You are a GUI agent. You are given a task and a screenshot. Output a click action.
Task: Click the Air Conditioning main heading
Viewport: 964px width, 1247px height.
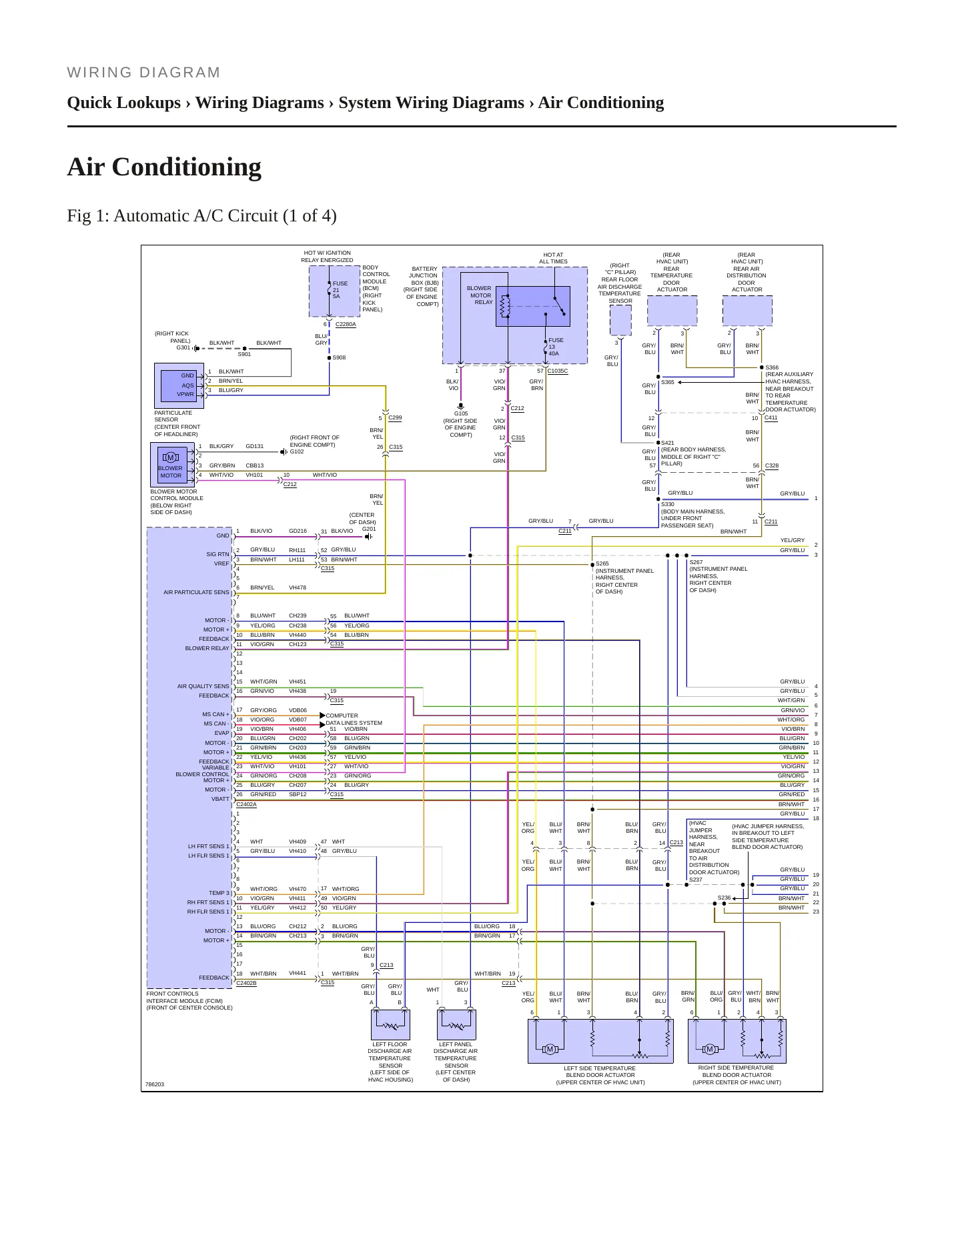[x=164, y=167]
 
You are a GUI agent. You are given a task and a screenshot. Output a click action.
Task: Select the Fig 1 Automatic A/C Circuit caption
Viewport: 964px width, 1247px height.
[x=201, y=216]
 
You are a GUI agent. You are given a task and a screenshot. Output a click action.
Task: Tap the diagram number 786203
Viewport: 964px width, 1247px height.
[x=155, y=1084]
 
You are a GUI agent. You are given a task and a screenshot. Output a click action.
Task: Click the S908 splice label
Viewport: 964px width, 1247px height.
[x=339, y=357]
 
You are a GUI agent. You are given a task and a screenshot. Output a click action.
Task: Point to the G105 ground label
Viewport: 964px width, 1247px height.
[x=461, y=413]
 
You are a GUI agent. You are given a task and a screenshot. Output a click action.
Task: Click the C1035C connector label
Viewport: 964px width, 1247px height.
[x=557, y=371]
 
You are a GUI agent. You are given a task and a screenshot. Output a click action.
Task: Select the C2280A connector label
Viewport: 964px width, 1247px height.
[x=346, y=324]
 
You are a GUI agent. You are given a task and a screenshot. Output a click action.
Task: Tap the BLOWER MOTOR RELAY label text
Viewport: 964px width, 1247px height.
[x=480, y=295]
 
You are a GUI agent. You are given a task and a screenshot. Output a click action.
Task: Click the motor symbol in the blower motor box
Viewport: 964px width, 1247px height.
[x=170, y=457]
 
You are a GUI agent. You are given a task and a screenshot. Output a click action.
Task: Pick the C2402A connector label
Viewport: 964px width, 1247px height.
[x=246, y=804]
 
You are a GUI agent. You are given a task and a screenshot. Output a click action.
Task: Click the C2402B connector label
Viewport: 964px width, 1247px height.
[x=246, y=983]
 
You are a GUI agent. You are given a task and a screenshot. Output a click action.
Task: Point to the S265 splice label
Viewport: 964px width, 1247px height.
[x=602, y=563]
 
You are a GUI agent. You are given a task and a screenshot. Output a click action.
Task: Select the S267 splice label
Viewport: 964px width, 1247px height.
[x=696, y=562]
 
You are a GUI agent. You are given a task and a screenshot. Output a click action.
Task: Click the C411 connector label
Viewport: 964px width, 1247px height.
[x=771, y=417]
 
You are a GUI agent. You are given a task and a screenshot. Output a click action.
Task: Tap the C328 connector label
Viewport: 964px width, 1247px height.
[x=772, y=465]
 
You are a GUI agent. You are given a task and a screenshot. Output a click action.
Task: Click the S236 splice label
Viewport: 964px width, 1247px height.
[x=724, y=898]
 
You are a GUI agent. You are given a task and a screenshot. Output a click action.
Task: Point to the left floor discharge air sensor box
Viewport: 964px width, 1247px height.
[x=390, y=1025]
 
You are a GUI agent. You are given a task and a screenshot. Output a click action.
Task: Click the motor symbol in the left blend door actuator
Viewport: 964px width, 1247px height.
[x=550, y=1050]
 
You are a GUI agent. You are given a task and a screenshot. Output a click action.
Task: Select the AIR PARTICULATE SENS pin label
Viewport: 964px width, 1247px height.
[x=196, y=592]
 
